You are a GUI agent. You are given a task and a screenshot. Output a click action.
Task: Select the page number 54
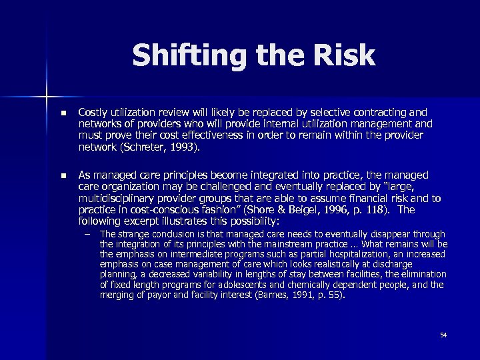click(443, 335)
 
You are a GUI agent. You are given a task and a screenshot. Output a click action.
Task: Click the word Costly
click(93, 112)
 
